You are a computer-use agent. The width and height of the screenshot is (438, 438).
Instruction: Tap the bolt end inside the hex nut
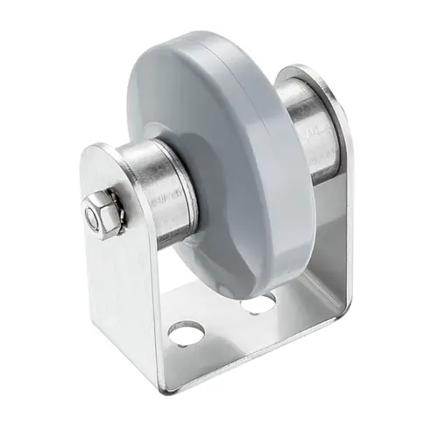[x=93, y=215]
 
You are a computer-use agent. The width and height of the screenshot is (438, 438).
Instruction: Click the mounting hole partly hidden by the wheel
[x=259, y=303]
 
